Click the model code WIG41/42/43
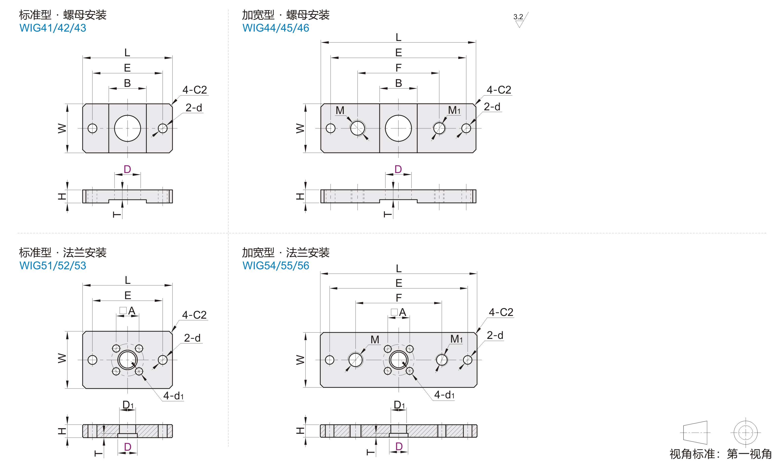(53, 28)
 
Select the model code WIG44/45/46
(276, 28)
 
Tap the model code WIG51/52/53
(53, 266)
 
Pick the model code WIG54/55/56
(276, 266)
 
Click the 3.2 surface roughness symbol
(520, 19)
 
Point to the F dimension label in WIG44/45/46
(398, 68)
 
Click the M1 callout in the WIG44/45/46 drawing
(454, 110)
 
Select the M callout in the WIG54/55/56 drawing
(375, 340)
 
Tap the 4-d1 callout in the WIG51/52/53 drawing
(173, 396)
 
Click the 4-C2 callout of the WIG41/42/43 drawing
(194, 90)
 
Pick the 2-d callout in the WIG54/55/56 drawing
(495, 335)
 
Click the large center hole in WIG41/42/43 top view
(128, 128)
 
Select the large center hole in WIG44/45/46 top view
(398, 128)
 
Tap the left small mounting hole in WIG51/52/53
(92, 360)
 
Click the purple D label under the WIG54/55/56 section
(399, 446)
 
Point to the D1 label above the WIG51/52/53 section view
(128, 405)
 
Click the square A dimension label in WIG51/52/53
(128, 311)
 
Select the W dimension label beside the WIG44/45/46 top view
(300, 128)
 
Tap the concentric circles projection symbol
(746, 433)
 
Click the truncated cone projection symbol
(695, 433)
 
